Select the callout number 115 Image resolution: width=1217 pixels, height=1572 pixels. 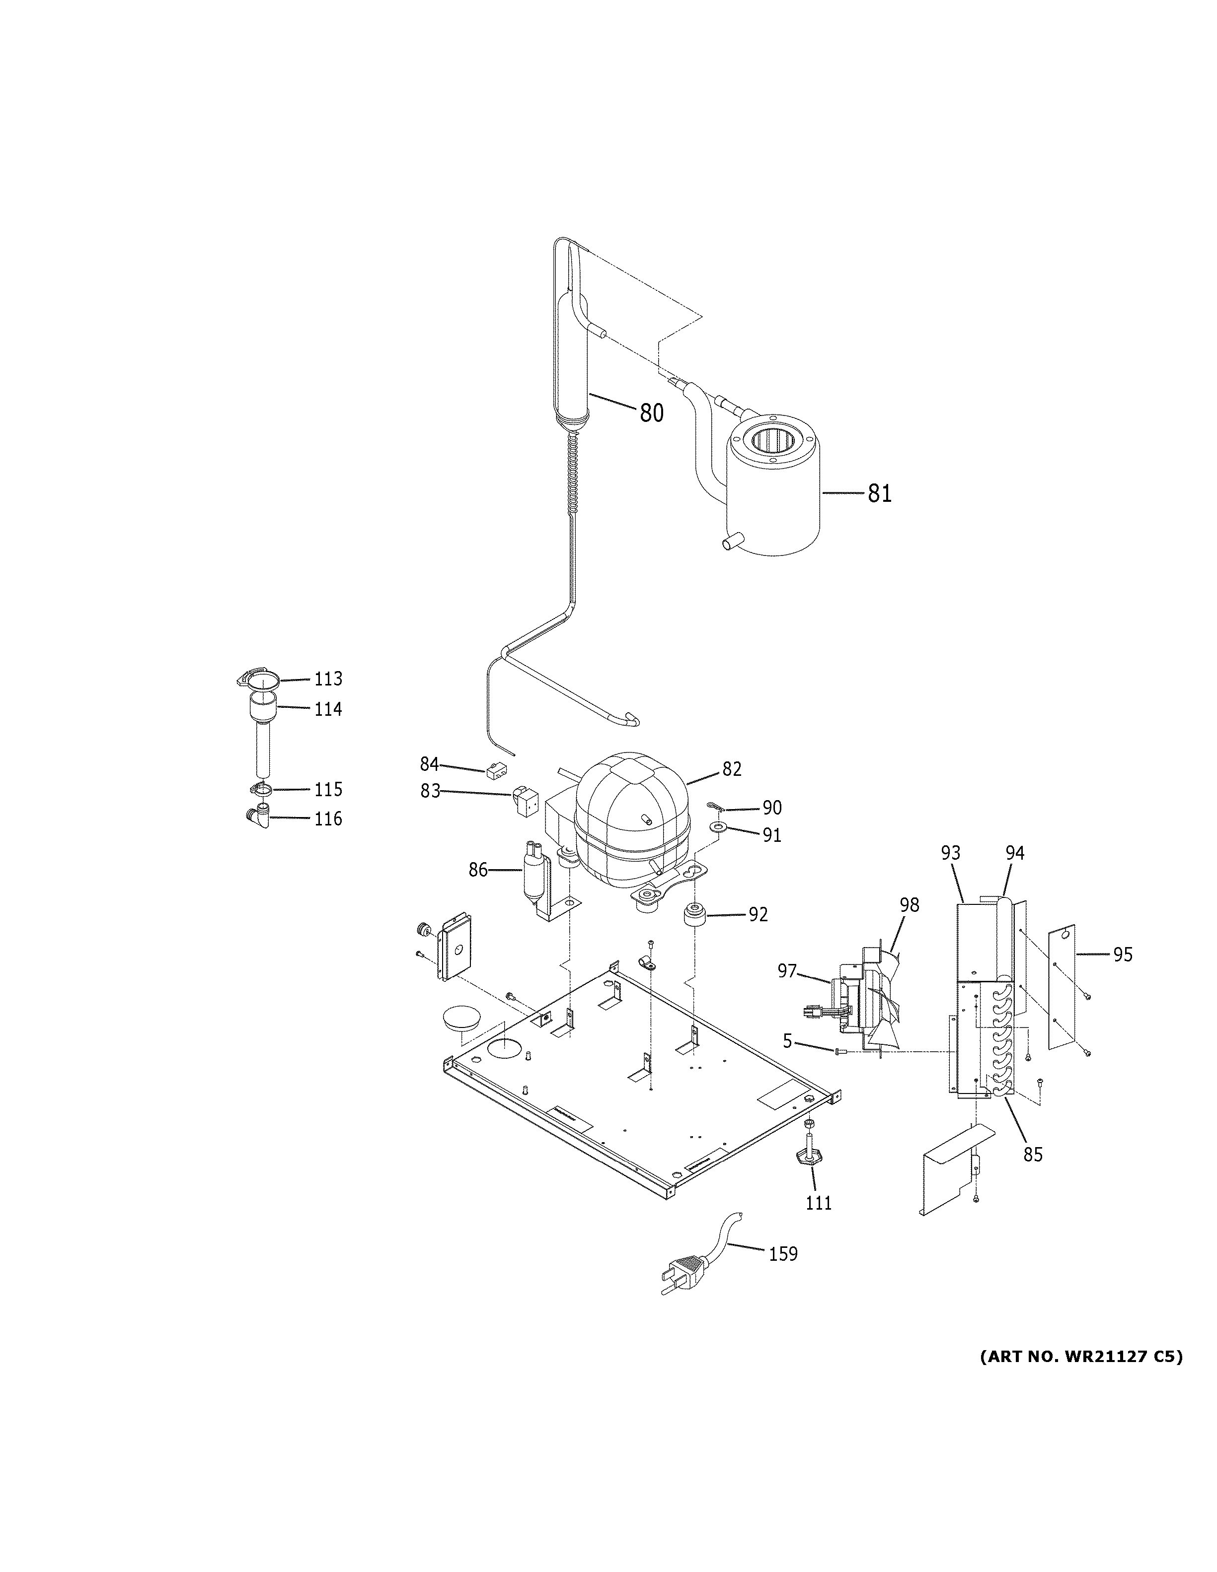328,790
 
